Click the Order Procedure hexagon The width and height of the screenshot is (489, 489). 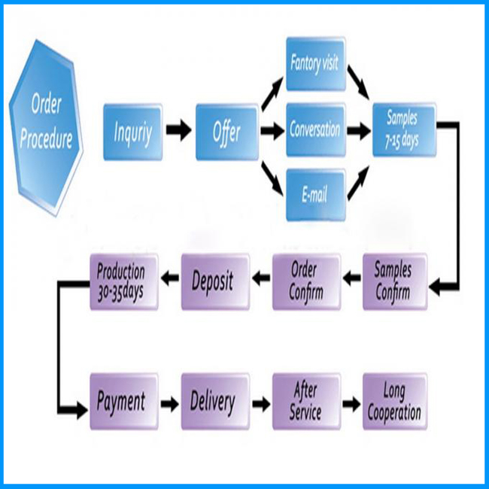(x=46, y=128)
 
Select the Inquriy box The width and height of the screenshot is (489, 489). (x=133, y=132)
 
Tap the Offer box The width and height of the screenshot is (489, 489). (x=226, y=132)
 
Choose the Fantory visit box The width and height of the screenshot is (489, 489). (x=316, y=64)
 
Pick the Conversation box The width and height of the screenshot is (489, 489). (x=316, y=129)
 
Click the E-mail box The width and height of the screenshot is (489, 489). (x=316, y=195)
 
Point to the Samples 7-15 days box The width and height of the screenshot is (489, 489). (x=404, y=129)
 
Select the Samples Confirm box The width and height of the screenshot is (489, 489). (x=395, y=282)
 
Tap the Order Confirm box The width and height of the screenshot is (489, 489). (x=306, y=282)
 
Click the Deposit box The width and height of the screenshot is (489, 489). (x=215, y=282)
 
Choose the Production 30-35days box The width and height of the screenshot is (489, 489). (x=124, y=282)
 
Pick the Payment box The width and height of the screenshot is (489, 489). (x=124, y=402)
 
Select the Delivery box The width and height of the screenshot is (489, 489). (x=215, y=402)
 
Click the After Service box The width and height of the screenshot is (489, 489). (x=306, y=402)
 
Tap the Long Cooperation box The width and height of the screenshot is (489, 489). (x=395, y=402)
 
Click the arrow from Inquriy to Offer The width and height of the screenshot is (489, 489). (x=179, y=129)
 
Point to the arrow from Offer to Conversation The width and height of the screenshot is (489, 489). (x=272, y=130)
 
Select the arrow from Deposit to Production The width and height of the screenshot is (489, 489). (x=170, y=278)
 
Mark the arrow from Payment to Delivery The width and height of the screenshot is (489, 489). (x=170, y=404)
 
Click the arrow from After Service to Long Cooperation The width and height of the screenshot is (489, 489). (x=352, y=404)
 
